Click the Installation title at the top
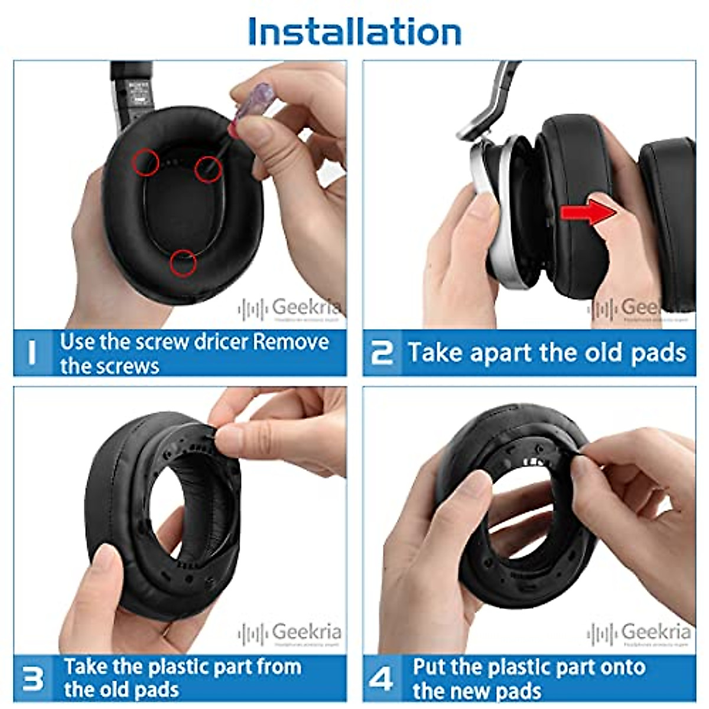(354, 31)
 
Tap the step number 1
(32, 353)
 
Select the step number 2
(381, 353)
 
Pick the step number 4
(381, 678)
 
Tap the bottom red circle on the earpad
(183, 263)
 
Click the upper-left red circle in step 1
(145, 161)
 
